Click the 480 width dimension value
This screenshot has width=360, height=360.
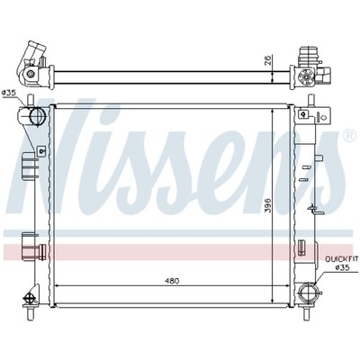pyautogui.click(x=173, y=281)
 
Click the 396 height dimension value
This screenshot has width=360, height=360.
pyautogui.click(x=268, y=205)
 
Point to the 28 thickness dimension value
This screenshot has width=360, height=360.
pyautogui.click(x=268, y=60)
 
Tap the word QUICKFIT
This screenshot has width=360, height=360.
pyautogui.click(x=338, y=258)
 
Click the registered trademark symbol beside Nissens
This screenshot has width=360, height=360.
pyautogui.click(x=348, y=136)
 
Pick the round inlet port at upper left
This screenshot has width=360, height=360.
pyautogui.click(x=38, y=115)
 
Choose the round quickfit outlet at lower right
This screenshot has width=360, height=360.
pyautogui.click(x=308, y=292)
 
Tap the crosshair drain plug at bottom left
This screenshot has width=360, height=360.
pyautogui.click(x=30, y=299)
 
